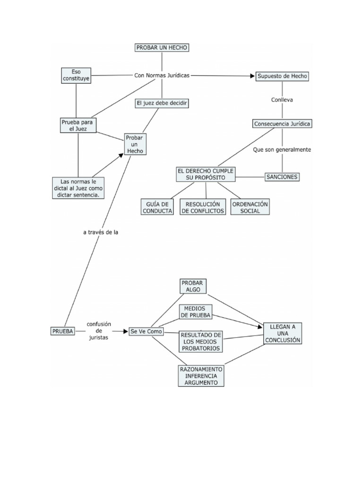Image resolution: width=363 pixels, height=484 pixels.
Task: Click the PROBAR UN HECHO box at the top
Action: [162, 48]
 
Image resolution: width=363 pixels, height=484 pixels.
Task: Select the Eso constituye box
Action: [76, 76]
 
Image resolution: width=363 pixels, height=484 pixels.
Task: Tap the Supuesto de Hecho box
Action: [282, 76]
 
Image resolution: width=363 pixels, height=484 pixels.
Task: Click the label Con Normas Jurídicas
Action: [162, 75]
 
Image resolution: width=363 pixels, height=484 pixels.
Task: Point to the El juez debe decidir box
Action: [162, 103]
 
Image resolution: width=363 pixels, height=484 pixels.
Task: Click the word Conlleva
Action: [282, 100]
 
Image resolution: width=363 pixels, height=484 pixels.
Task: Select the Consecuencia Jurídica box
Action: [282, 124]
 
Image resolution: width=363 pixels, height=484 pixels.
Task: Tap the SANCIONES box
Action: [282, 177]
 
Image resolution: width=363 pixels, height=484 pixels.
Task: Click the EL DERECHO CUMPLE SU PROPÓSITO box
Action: [206, 174]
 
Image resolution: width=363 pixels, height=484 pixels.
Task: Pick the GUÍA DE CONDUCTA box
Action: [157, 207]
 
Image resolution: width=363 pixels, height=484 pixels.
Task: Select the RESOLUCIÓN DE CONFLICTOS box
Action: [203, 207]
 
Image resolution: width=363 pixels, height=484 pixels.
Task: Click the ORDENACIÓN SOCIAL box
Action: [250, 207]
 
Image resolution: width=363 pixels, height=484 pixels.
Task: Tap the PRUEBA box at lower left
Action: [62, 331]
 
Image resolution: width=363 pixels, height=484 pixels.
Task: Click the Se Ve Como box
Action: [146, 331]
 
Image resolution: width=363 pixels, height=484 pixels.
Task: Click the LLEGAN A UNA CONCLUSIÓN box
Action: [282, 333]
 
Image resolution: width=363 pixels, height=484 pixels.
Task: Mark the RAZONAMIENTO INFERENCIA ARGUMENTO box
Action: [201, 376]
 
